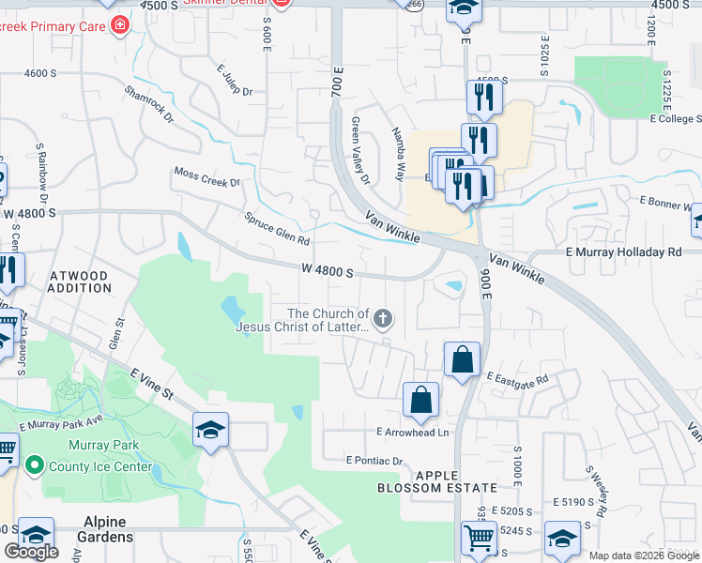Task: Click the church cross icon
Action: coord(382,320)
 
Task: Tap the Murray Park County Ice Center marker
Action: coord(35,464)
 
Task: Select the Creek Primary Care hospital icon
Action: coord(119,24)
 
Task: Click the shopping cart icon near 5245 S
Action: coord(479,539)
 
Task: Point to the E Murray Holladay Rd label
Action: coord(623,252)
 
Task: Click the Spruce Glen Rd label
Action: coord(277,228)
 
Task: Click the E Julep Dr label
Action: coord(235,80)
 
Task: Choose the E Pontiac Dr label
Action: coord(374,461)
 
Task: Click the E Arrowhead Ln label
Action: coord(413,433)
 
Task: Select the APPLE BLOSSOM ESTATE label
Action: coord(436,481)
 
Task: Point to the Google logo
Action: coord(31,552)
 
